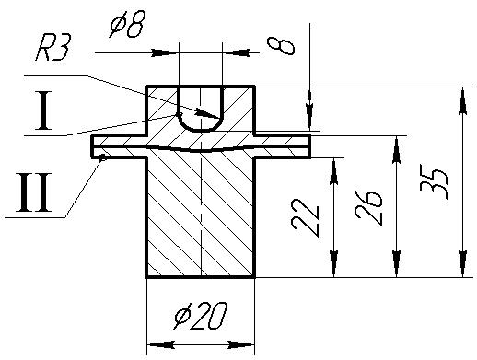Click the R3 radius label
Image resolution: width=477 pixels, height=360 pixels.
(53, 48)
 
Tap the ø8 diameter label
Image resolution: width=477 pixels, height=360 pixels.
(127, 24)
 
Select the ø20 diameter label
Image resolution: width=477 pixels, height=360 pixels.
(201, 316)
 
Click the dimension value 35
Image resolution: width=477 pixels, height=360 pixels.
(434, 182)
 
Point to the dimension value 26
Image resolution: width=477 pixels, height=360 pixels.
(368, 208)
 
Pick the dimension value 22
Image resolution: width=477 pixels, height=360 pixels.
(306, 217)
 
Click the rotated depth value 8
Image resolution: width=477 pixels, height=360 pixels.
(281, 46)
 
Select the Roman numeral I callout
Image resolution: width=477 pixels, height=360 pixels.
(43, 110)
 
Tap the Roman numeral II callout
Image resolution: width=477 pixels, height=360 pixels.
(34, 192)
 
